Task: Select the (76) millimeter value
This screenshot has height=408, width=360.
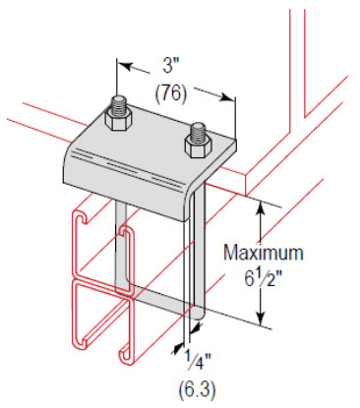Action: [x=171, y=94]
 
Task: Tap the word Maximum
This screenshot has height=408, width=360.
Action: [x=263, y=253]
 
